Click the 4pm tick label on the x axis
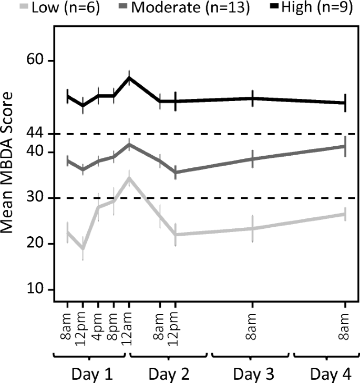[98, 326]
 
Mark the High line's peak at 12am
[129, 78]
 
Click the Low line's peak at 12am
[129, 178]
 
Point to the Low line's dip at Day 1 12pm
[83, 249]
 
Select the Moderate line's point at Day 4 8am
[345, 146]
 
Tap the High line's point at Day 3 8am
[253, 98]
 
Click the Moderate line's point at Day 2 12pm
[176, 172]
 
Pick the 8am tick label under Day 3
[253, 326]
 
